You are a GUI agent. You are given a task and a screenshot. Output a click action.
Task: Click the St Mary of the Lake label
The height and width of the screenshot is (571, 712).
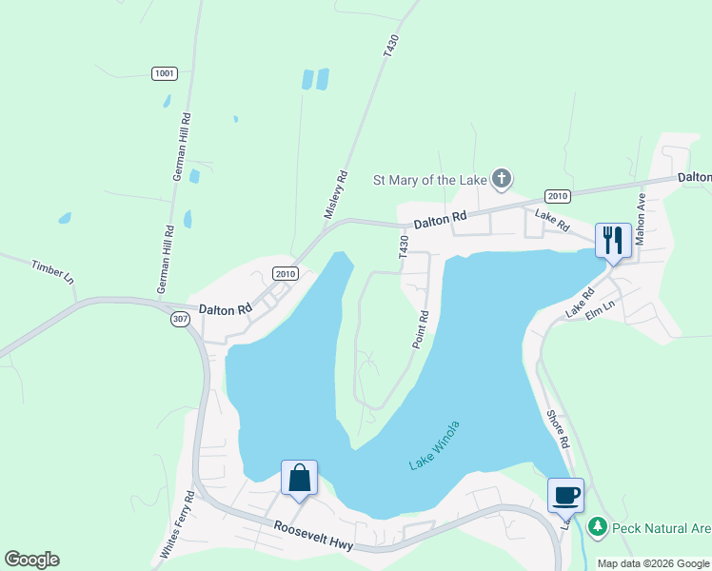[428, 179]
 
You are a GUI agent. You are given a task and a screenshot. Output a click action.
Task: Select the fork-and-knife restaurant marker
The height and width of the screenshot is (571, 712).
[612, 239]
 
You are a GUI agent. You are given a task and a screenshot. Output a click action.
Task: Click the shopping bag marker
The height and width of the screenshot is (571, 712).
[299, 477]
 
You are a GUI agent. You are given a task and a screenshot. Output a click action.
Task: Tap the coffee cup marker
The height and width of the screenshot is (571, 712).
[565, 495]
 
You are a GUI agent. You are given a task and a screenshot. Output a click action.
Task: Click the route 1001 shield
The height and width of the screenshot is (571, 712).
[164, 73]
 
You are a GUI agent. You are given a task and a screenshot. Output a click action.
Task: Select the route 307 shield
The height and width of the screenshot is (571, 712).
[181, 320]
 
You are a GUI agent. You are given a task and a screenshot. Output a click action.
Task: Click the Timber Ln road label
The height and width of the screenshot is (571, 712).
[52, 272]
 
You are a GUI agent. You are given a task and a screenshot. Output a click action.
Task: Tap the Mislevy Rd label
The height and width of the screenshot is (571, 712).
[333, 196]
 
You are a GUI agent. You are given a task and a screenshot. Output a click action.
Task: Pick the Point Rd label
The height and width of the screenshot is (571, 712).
[420, 329]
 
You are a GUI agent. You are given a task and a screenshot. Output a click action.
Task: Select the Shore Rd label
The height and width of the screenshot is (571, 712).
[559, 429]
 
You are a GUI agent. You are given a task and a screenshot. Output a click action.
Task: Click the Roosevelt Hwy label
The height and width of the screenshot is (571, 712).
[314, 537]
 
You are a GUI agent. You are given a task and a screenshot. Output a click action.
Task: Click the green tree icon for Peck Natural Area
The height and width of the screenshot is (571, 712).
[597, 526]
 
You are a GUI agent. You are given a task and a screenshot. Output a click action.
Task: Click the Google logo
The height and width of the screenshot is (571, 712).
[31, 560]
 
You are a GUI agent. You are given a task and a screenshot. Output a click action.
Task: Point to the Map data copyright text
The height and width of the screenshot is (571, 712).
[652, 563]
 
